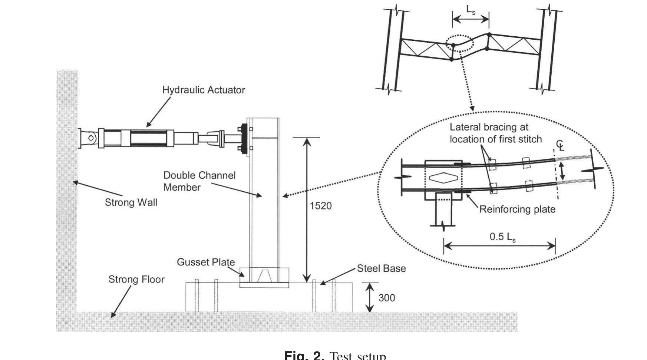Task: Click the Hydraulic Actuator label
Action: coord(204,90)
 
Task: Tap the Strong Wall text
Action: coord(131,202)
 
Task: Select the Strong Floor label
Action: coord(136,280)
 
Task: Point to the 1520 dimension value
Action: coord(320,206)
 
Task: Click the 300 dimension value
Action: coord(386,298)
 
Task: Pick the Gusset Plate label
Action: coord(205,262)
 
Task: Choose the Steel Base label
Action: coord(381,268)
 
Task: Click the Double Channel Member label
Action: coord(199,181)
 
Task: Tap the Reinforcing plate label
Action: coord(517,209)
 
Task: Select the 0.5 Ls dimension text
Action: coord(502,237)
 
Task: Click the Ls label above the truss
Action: coord(471,11)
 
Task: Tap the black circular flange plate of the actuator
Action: coord(244,139)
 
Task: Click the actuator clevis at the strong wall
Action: coord(88,138)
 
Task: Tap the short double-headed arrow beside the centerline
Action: coord(562,172)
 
